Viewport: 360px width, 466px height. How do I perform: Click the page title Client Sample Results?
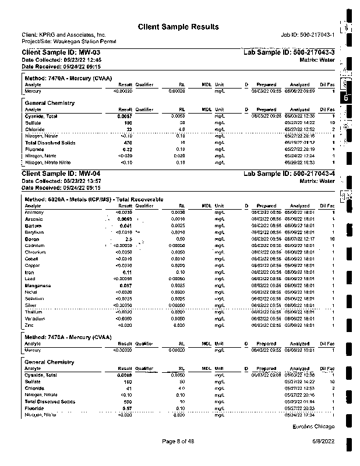click(178, 27)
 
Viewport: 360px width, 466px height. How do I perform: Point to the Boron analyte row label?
click(31, 239)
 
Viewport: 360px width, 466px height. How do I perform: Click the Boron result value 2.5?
click(129, 239)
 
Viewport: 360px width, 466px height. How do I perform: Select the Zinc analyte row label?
click(30, 325)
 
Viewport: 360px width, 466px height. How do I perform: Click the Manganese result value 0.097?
click(126, 285)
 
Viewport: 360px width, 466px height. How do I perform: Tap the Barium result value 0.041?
click(126, 225)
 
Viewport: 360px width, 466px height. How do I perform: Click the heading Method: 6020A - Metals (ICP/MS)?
click(94, 200)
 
